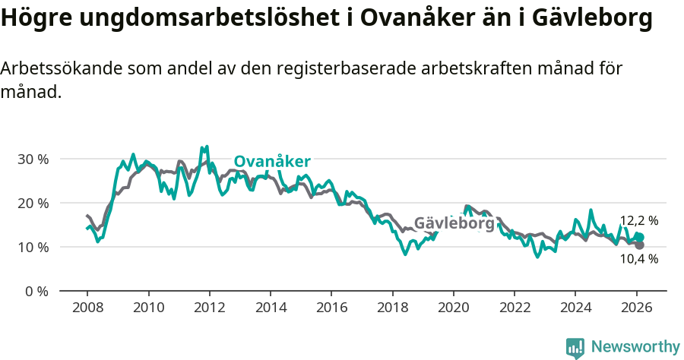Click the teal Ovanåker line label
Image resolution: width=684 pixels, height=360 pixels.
[271, 161]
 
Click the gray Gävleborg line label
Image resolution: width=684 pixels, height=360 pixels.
[454, 223]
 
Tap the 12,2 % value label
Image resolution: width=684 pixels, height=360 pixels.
[638, 221]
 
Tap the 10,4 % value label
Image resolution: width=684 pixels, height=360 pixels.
[638, 258]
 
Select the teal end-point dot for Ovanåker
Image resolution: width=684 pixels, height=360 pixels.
[639, 238]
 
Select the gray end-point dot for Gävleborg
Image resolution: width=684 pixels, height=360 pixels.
[639, 245]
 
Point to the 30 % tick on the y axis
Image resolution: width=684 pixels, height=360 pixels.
[33, 159]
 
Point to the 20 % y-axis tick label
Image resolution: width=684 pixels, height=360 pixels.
[33, 204]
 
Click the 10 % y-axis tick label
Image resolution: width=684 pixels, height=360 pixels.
[33, 248]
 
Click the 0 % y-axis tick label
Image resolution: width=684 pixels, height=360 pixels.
[37, 292]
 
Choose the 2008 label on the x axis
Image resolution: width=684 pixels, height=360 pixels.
[87, 308]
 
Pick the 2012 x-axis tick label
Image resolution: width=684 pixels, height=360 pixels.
[209, 308]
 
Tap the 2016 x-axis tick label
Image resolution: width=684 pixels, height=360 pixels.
[331, 308]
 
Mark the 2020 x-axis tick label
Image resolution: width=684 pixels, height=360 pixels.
[453, 308]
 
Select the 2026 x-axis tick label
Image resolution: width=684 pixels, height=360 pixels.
[636, 308]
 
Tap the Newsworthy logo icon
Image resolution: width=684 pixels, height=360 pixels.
[575, 348]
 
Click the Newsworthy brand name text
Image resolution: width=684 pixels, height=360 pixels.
[635, 347]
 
